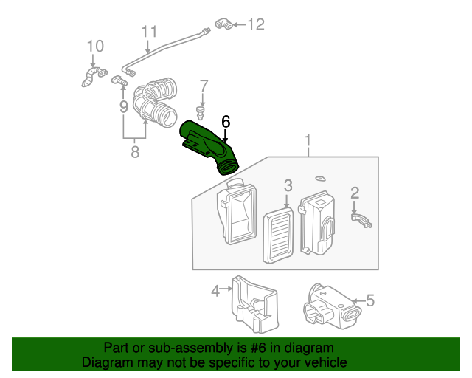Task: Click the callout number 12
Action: click(256, 24)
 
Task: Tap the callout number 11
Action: click(149, 32)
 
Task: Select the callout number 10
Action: click(95, 46)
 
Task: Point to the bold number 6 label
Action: click(226, 122)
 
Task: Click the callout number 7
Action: click(204, 86)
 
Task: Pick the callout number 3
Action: click(288, 185)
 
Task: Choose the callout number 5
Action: click(369, 300)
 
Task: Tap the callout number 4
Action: click(215, 291)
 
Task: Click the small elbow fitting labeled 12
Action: click(224, 24)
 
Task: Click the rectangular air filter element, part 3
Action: click(278, 235)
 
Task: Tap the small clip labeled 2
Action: click(361, 220)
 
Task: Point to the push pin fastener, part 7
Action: click(201, 112)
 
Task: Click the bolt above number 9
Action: click(119, 80)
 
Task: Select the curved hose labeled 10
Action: click(94, 77)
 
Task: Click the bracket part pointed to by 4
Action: click(254, 304)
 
